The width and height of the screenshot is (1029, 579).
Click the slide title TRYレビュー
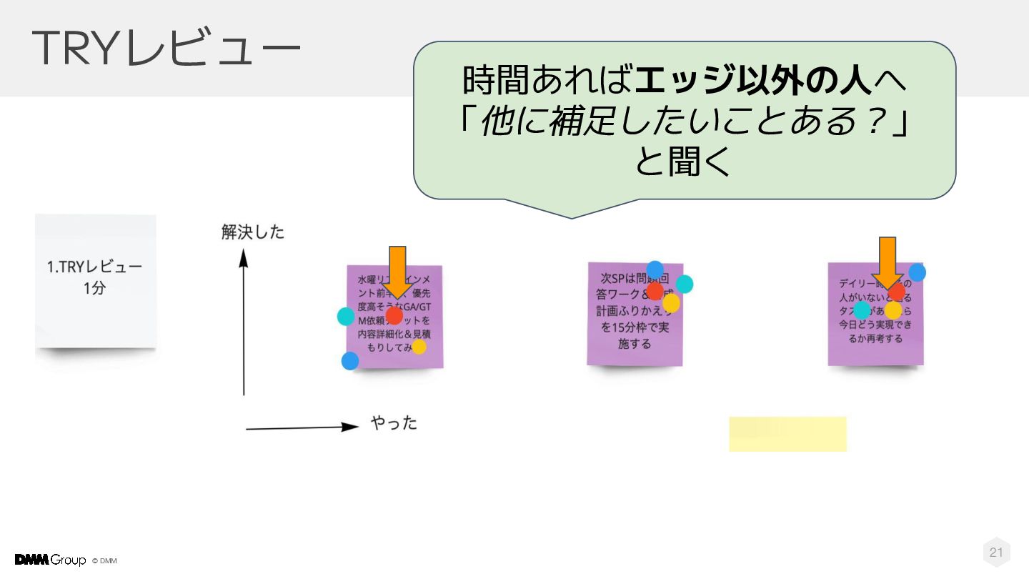pos(166,49)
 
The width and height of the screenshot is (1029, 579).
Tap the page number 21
pos(996,552)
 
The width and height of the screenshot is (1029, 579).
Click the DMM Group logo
pos(50,560)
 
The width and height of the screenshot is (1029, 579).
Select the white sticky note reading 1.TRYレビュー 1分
pos(95,280)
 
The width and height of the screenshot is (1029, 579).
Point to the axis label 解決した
pos(252,232)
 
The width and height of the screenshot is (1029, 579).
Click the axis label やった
pos(394,423)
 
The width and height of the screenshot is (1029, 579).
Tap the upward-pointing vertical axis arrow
pos(244,322)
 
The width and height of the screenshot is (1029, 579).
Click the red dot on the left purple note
pos(394,315)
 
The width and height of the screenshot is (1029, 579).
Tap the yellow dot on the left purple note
pos(419,347)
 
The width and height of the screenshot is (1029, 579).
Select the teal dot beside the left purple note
pos(346,317)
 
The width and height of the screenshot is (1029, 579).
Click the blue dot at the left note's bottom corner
pos(350,361)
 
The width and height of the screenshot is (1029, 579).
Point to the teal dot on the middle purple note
pos(685,284)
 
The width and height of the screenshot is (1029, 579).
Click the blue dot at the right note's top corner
pos(917,272)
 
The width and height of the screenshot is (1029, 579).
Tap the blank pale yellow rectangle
pos(787,434)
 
